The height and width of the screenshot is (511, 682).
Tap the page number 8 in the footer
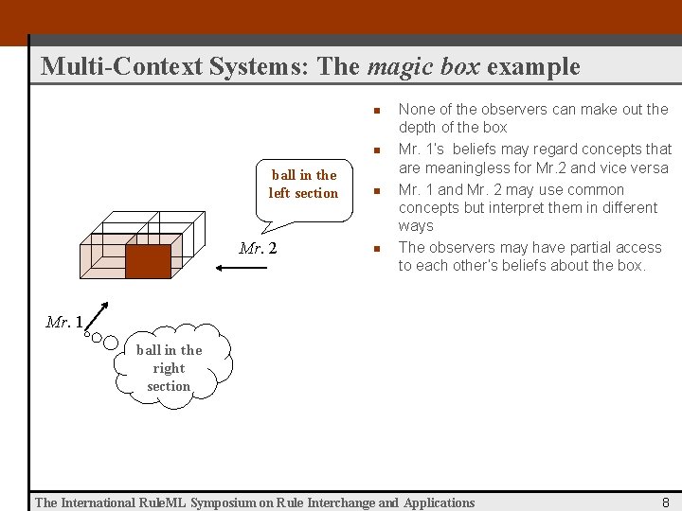point(666,502)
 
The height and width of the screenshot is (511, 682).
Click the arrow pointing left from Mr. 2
point(234,269)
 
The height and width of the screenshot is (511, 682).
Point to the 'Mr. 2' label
point(258,249)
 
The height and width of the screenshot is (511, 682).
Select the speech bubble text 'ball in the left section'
point(303,185)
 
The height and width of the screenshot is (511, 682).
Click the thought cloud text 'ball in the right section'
point(169,368)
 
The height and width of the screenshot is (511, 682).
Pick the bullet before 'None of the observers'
point(375,111)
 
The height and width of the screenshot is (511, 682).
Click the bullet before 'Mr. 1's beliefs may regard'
point(375,150)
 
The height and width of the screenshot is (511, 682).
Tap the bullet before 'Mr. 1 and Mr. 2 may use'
point(375,190)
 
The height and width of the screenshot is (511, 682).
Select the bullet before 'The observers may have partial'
point(375,248)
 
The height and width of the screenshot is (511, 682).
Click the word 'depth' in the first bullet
point(418,128)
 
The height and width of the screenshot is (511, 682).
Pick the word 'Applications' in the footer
point(440,502)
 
